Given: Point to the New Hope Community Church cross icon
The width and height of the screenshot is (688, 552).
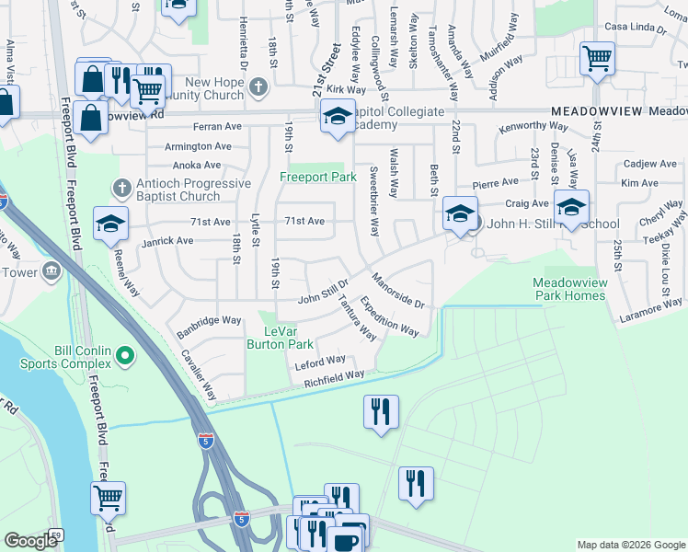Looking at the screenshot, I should coord(258,87).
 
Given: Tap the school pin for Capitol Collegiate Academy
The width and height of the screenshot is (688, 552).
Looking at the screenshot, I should coord(338,117).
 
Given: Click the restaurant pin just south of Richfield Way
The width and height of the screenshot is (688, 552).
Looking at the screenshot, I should coord(381,410).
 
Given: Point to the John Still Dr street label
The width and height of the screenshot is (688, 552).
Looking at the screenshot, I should coord(323,293).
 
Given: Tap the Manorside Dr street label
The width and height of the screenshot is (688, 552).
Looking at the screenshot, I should coord(397,290).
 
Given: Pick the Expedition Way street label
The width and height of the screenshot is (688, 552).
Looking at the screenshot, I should coord(388,316).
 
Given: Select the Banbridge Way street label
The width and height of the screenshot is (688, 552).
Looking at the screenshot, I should coord(209,321).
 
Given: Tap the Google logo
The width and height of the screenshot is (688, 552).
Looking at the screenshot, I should coord(30,540).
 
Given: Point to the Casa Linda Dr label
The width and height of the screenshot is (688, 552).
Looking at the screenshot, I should coord(635,29).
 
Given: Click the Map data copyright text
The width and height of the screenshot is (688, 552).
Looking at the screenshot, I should coord(630,545).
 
